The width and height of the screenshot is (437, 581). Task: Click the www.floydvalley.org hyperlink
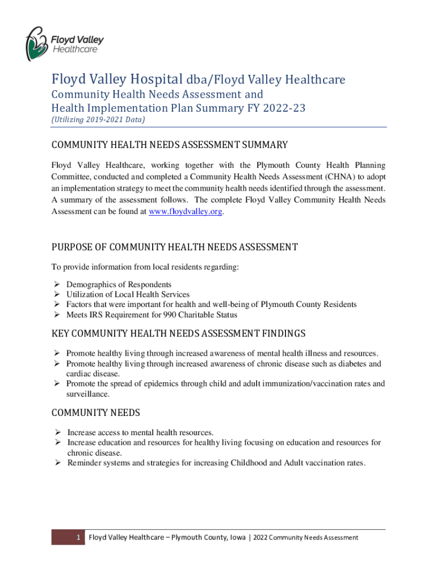click(185, 211)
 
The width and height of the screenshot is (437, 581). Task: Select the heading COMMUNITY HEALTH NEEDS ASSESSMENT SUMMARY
click(169, 145)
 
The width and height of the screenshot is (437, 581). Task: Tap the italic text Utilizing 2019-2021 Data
click(98, 120)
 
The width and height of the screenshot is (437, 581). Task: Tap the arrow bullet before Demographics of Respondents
click(56, 284)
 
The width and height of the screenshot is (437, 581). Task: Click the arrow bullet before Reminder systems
click(57, 463)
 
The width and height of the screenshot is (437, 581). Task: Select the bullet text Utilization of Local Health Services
click(128, 294)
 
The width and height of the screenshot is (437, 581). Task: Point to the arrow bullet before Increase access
click(57, 432)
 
